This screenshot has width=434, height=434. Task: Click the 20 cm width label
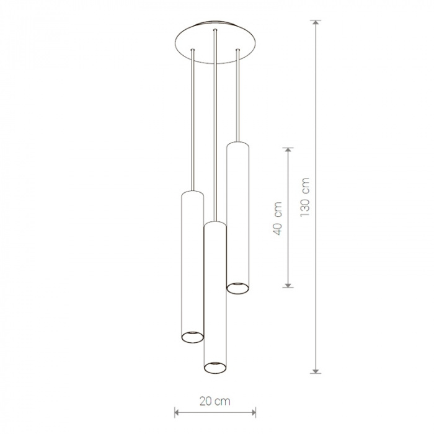pyautogui.click(x=215, y=401)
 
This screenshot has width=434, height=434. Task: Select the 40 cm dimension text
pyautogui.click(x=277, y=218)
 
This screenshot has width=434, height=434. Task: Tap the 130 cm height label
pyautogui.click(x=305, y=197)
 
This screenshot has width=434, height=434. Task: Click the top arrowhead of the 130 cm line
pyautogui.click(x=316, y=23)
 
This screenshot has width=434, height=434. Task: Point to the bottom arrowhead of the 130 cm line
pyautogui.click(x=316, y=371)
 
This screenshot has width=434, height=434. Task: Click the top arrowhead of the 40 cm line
pyautogui.click(x=288, y=150)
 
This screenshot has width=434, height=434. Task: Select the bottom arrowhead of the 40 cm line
pyautogui.click(x=288, y=285)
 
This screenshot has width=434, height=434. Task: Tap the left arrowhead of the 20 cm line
pyautogui.click(x=177, y=412)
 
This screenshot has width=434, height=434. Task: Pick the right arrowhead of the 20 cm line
pyautogui.click(x=253, y=412)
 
